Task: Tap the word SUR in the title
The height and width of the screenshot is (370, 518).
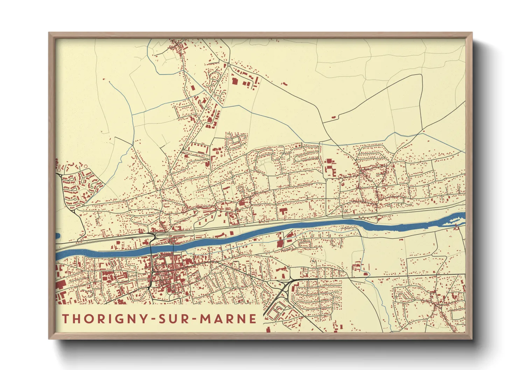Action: point(175,319)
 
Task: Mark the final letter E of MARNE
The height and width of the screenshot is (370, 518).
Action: point(252,319)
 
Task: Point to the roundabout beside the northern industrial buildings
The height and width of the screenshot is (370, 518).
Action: point(229,65)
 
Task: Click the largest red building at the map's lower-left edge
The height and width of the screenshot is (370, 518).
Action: point(61,284)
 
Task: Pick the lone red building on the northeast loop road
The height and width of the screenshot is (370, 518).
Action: point(334,117)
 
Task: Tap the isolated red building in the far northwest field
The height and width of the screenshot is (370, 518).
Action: point(104,79)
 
